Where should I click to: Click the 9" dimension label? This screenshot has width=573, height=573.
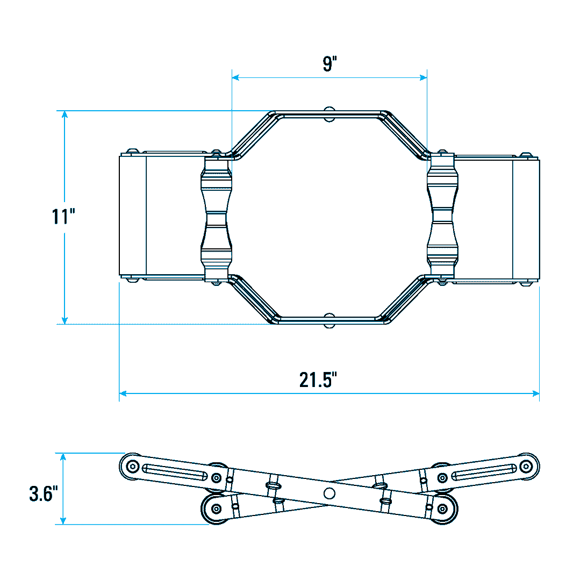coord(330,63)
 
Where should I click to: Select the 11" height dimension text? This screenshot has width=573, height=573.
coord(63,216)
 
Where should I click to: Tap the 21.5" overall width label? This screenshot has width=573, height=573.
coord(318,379)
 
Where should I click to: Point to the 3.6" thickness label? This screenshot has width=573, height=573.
coord(44,493)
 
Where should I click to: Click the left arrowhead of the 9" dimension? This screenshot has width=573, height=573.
coord(236,77)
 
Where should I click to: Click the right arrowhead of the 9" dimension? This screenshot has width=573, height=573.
coord(423,77)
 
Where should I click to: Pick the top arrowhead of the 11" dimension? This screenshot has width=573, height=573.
coord(65,114)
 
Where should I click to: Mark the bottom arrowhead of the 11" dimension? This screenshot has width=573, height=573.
coord(65,320)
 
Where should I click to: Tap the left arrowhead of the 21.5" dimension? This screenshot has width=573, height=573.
coord(123,393)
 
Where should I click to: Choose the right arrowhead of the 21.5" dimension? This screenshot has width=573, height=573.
coord(535,393)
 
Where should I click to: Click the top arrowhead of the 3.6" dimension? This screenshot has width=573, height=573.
coord(63,457)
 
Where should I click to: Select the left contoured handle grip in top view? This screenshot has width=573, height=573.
coord(216,219)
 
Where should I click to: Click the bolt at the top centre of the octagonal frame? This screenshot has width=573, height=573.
coord(330,114)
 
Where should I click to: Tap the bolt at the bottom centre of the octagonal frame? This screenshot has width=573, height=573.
coord(330,320)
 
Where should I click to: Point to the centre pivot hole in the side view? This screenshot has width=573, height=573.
coord(330,493)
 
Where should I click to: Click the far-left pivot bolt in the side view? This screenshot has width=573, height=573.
coord(132,467)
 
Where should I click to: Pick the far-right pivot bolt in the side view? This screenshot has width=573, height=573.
coord(526,467)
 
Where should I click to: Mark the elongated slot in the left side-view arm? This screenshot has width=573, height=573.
coord(175,472)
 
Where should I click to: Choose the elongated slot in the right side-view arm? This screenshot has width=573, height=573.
coord(484,472)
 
